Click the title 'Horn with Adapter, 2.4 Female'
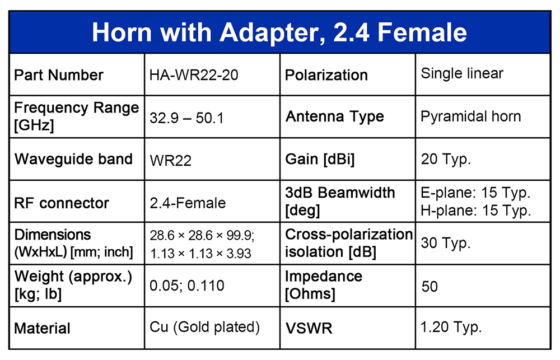point(279,32)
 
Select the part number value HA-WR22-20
point(194,75)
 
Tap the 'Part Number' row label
point(59,75)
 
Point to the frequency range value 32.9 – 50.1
point(186,118)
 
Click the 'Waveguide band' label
point(73,159)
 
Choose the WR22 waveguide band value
point(170,161)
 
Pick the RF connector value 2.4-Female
point(188,203)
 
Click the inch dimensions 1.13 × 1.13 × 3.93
point(200,253)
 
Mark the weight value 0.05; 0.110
point(187,286)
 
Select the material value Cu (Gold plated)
point(204,327)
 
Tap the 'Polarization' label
point(326,75)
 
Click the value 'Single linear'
point(462,73)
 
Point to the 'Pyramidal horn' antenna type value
point(471,117)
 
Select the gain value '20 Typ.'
point(446,160)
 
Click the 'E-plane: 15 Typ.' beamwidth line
point(475,193)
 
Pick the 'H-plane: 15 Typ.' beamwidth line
point(475,211)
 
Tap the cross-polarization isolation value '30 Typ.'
point(445,243)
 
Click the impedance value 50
point(430,287)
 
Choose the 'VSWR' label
point(309,329)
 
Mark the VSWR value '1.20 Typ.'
point(451,327)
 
